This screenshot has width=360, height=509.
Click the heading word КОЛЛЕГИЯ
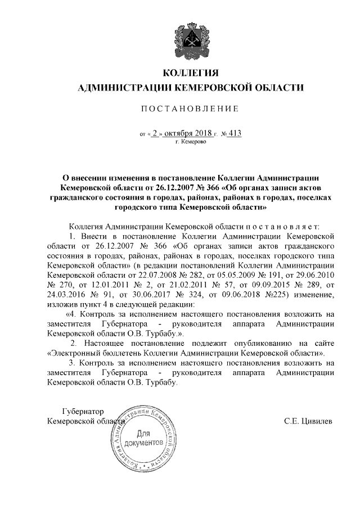[190, 73]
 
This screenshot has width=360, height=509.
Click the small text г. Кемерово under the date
[191, 142]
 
